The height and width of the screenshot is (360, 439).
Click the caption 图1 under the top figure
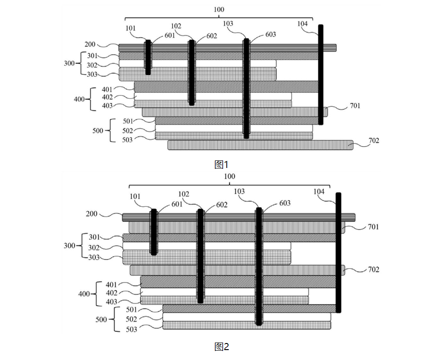[221, 164]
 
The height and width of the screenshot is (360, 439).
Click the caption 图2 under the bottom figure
[221, 347]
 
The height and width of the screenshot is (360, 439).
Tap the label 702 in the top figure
[373, 141]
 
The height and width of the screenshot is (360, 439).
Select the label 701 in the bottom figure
[373, 227]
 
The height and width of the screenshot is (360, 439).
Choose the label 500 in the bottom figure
[101, 319]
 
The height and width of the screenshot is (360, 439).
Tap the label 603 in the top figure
[271, 34]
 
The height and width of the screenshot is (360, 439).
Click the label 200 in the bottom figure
[91, 214]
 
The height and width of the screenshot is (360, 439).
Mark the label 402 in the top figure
[108, 97]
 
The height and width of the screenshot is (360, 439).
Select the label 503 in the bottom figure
[132, 329]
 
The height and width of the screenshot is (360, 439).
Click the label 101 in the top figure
[131, 28]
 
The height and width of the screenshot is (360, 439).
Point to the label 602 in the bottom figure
[222, 205]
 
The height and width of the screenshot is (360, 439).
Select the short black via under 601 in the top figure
[148, 58]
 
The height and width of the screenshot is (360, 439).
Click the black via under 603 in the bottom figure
[258, 267]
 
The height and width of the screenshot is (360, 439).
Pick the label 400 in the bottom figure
[84, 293]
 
